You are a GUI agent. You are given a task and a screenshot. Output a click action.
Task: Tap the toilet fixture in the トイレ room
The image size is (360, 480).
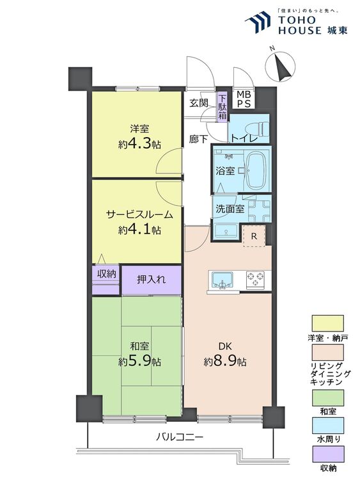[x=262, y=129]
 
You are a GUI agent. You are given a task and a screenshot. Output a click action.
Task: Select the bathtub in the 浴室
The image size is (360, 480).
[x=258, y=171]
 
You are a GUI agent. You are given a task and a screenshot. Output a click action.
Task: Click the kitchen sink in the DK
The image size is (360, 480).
[x=222, y=280]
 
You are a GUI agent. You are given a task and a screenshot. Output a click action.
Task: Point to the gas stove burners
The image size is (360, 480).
[x=255, y=280]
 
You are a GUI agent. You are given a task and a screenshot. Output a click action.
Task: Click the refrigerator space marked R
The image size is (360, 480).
[x=254, y=236]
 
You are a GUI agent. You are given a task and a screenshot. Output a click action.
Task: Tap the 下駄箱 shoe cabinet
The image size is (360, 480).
[x=223, y=107]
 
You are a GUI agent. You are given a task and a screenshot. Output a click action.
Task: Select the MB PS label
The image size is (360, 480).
[x=244, y=99]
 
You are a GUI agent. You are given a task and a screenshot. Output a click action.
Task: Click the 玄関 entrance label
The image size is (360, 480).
[x=198, y=103]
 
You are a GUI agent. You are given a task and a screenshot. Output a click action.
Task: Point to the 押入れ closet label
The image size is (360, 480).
[x=152, y=279]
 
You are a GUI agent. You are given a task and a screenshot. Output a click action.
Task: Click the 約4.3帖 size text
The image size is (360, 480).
[x=139, y=144]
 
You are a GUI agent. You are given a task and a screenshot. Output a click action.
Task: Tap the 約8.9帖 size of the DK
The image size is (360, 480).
[x=225, y=362]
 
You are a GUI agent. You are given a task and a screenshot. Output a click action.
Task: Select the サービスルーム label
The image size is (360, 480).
[x=139, y=214]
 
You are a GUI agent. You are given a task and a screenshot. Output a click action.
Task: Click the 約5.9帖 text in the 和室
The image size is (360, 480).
[x=139, y=362]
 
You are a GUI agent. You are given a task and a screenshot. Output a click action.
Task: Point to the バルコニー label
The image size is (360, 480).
[x=180, y=436]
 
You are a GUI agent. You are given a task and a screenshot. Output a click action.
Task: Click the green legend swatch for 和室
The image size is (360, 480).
[x=327, y=397]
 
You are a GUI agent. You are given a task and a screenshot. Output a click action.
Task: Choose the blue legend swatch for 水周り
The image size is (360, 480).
[x=327, y=426]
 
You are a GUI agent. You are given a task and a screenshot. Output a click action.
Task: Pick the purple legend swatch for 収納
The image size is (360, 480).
[x=327, y=454]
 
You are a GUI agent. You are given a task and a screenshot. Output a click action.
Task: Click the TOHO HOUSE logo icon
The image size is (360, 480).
[x=258, y=21]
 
